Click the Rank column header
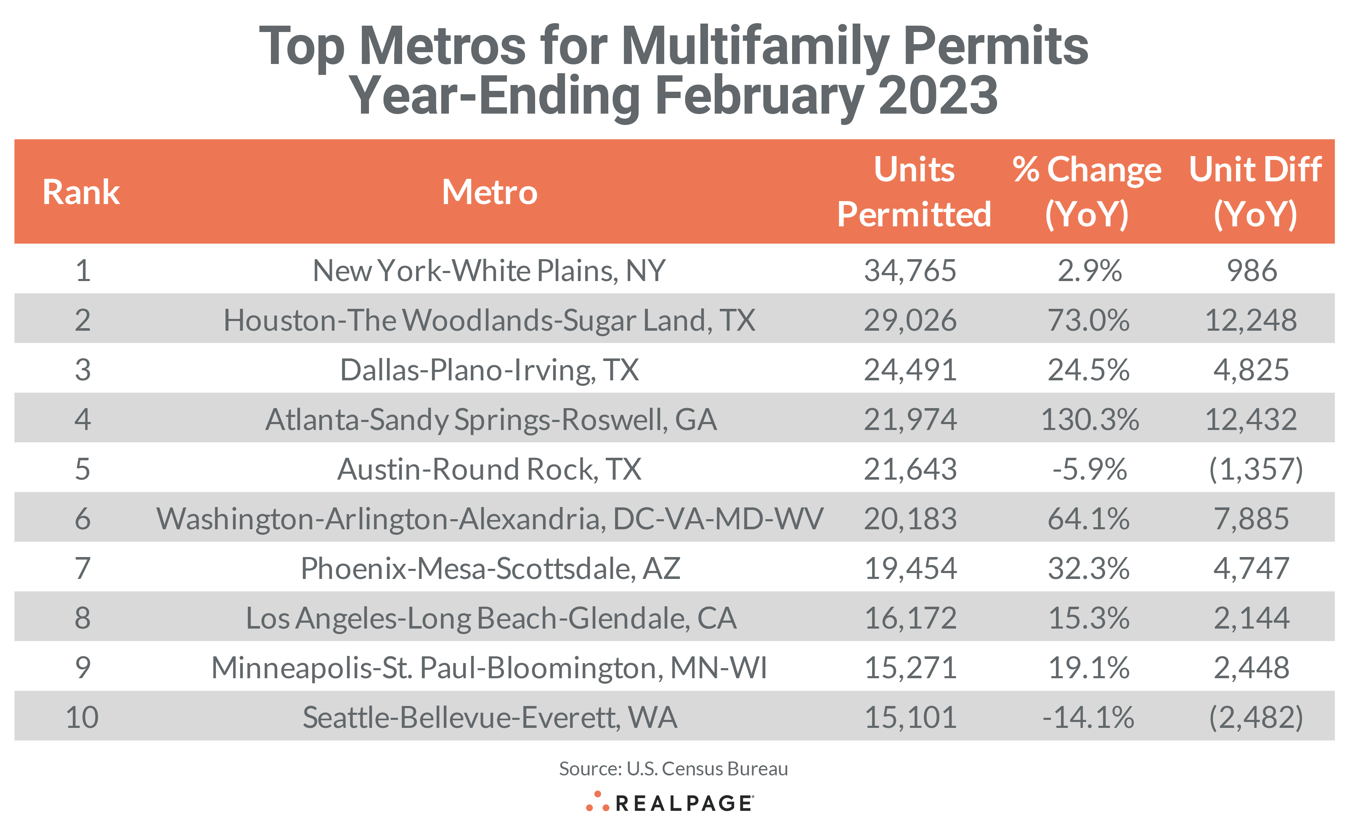click(81, 192)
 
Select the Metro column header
click(489, 192)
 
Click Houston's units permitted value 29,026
click(910, 320)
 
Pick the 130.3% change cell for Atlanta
click(1090, 419)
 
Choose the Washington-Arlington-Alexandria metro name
click(490, 519)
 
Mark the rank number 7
click(82, 568)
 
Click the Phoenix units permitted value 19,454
click(910, 568)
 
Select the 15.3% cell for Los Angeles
click(1088, 618)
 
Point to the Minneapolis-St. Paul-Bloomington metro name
click(489, 668)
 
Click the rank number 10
click(82, 718)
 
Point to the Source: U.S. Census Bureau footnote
click(673, 769)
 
